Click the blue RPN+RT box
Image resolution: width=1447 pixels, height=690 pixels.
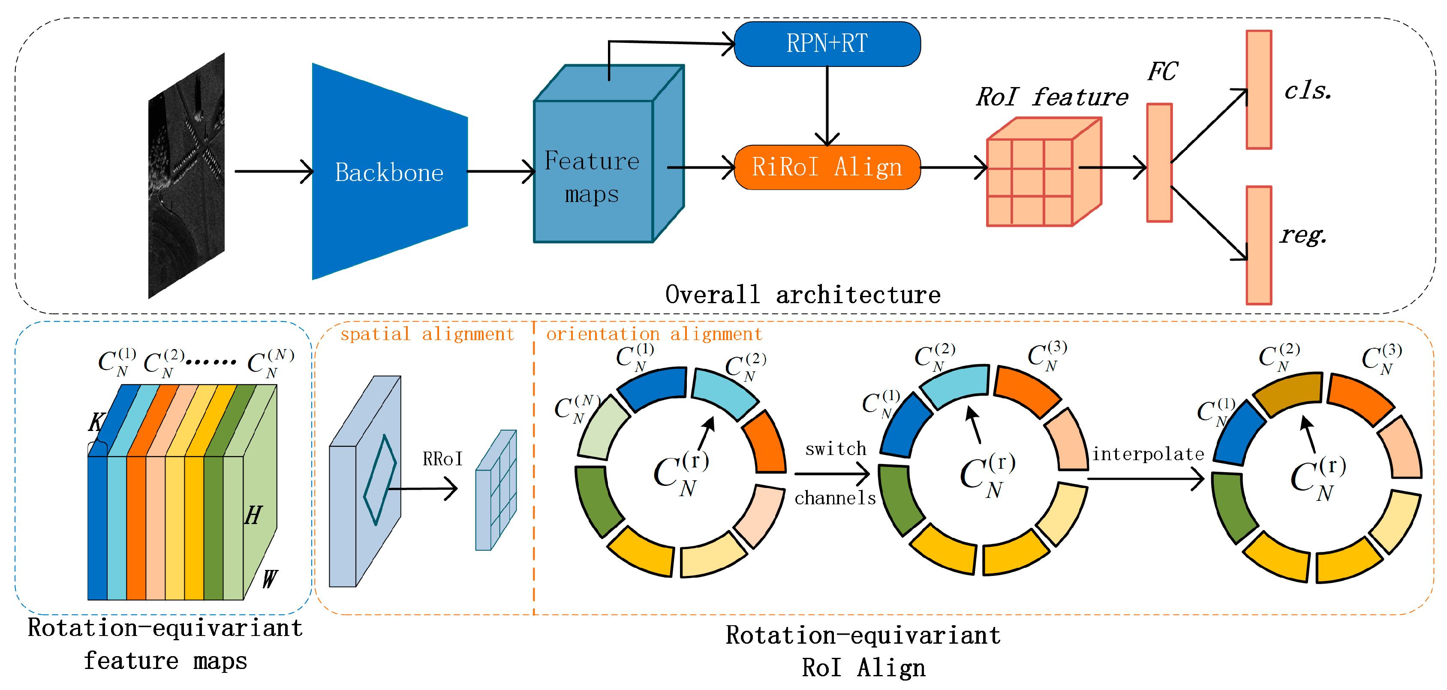(827, 44)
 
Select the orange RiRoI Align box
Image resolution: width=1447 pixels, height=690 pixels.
(827, 167)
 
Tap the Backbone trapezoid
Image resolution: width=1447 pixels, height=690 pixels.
(389, 172)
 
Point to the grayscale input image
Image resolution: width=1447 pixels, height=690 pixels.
(187, 175)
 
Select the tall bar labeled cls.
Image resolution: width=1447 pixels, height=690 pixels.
(1259, 90)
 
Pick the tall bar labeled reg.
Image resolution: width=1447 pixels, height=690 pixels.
(1259, 246)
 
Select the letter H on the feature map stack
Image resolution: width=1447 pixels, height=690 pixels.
(253, 515)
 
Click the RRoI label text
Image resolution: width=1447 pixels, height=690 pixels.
(442, 459)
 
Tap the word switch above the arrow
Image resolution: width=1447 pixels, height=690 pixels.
(836, 449)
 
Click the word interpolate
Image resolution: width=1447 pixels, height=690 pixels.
(1148, 454)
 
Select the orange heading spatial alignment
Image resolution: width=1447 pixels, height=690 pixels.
(427, 334)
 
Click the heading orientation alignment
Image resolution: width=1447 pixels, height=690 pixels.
(654, 334)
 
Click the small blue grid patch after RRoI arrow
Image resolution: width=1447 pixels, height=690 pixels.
(496, 491)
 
